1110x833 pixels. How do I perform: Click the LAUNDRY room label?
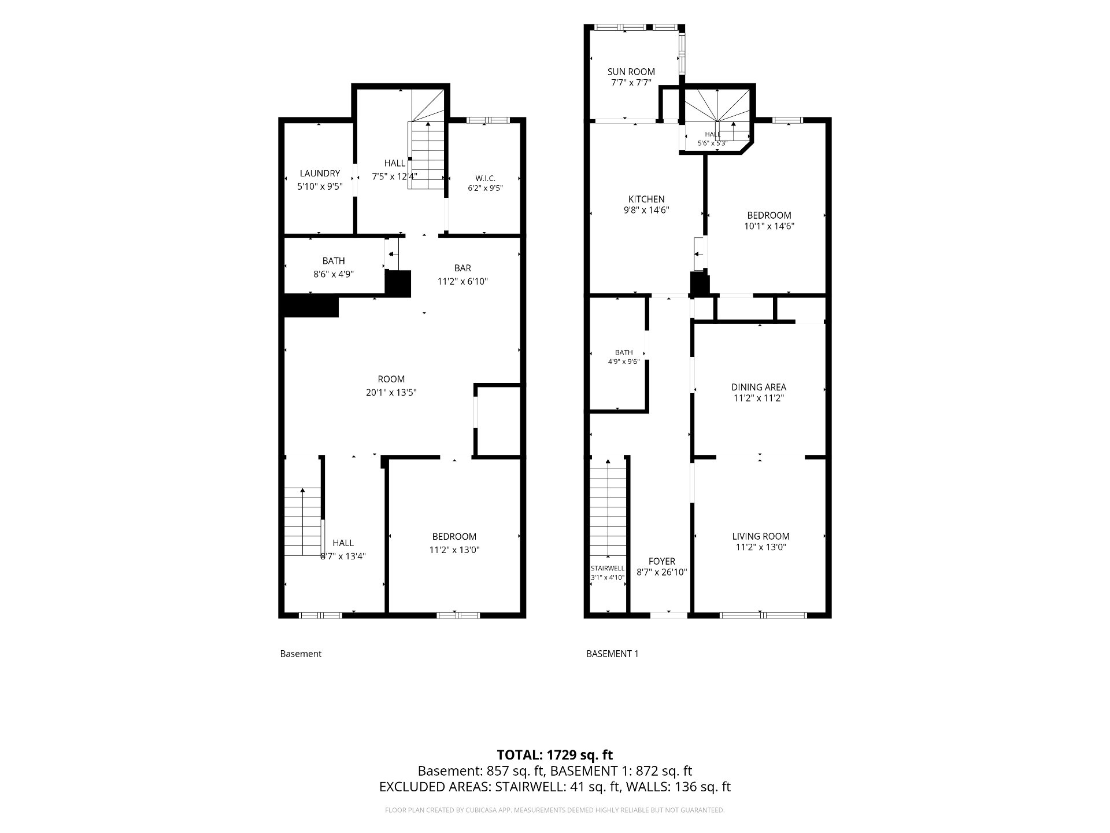tap(320, 174)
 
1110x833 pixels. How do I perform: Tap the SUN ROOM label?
tap(631, 72)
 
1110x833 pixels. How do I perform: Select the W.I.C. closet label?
tap(486, 178)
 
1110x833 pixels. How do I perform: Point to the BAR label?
tap(462, 268)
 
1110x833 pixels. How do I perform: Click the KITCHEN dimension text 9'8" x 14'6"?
tap(646, 211)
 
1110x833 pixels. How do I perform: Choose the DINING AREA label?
tap(758, 387)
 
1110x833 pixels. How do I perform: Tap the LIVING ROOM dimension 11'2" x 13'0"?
tap(761, 547)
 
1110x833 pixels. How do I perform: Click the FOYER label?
tap(662, 561)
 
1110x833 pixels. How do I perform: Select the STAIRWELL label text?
tap(608, 568)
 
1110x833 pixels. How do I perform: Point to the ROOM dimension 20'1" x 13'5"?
tap(391, 392)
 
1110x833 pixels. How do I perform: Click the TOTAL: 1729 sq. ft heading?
tap(555, 754)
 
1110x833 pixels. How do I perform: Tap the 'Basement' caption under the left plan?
tap(301, 654)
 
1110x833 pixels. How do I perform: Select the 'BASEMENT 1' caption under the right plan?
tap(612, 654)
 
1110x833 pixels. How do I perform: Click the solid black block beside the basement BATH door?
tap(398, 283)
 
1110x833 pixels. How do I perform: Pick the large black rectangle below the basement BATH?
tap(310, 306)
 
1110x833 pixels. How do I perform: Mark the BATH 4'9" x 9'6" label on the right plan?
tap(624, 357)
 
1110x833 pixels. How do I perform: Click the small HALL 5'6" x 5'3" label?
tap(713, 138)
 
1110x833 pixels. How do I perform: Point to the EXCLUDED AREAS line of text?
tap(555, 787)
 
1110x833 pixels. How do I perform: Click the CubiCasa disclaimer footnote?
tap(555, 810)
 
